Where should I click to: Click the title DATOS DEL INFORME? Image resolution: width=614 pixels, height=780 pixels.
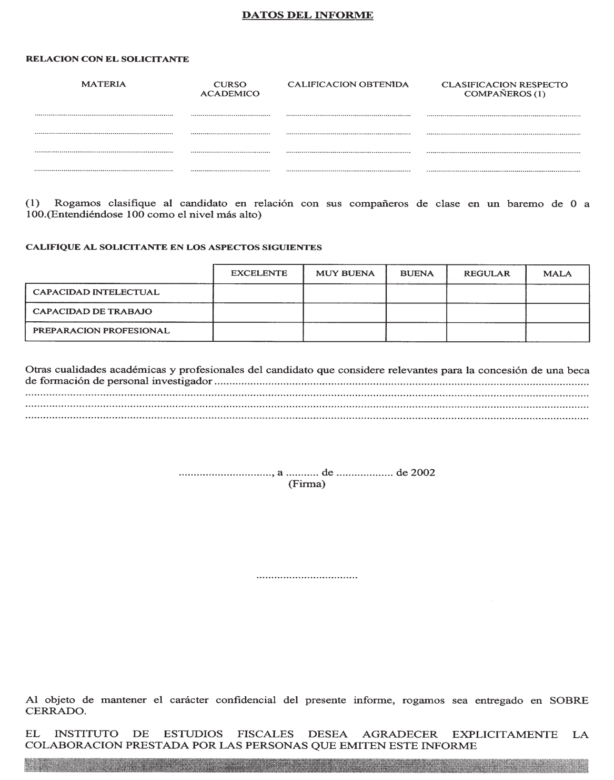(x=307, y=16)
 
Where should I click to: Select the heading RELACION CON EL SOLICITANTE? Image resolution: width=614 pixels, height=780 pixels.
(x=107, y=60)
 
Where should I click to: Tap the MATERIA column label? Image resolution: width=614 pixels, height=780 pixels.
(x=104, y=84)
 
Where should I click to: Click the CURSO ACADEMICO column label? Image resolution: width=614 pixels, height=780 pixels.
(x=230, y=89)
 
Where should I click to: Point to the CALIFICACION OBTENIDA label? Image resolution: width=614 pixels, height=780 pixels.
(x=348, y=84)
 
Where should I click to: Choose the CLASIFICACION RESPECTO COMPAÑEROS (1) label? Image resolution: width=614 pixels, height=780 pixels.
(x=504, y=89)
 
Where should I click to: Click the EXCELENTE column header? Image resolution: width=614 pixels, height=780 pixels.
(x=259, y=273)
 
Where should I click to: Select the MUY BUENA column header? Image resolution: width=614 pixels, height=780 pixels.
(x=345, y=273)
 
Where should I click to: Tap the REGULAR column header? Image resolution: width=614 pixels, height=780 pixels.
(x=486, y=273)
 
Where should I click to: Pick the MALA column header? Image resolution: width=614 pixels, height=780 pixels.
(x=557, y=273)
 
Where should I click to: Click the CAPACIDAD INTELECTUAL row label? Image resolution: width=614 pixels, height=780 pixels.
(x=96, y=292)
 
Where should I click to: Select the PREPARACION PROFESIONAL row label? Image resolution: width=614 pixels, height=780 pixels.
(x=101, y=331)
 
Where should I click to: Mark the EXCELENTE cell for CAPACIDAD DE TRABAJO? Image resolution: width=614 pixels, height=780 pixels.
(x=258, y=312)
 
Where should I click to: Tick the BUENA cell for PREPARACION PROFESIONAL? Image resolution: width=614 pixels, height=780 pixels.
(x=416, y=332)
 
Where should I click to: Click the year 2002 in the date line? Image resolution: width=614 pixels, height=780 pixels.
(x=423, y=472)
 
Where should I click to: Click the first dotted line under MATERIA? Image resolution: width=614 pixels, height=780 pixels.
(x=104, y=114)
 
